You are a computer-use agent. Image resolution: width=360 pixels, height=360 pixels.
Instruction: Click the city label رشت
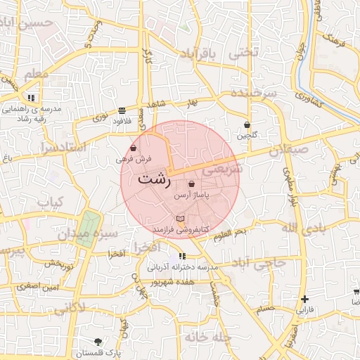pyautogui.click(x=154, y=179)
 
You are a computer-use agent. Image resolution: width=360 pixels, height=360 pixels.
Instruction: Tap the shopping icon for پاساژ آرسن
pyautogui.click(x=192, y=184)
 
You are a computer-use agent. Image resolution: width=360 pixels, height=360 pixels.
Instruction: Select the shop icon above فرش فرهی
pyautogui.click(x=134, y=148)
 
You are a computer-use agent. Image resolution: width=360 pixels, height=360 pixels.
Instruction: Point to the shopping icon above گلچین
pyautogui.click(x=247, y=124)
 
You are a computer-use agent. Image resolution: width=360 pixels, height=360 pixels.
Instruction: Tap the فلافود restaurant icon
pyautogui.click(x=122, y=110)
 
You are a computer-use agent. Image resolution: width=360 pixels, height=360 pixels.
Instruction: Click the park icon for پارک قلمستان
pyautogui.click(x=98, y=341)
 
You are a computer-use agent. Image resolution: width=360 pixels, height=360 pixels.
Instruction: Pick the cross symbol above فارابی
pyautogui.click(x=304, y=299)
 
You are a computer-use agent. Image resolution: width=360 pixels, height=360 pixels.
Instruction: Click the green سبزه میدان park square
pyautogui.click(x=86, y=229)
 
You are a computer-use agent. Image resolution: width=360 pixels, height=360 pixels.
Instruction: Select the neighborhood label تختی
pyautogui.click(x=245, y=52)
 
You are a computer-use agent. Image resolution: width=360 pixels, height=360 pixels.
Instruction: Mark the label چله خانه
pyautogui.click(x=208, y=337)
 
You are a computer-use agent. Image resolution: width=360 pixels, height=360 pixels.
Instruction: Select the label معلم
pyautogui.click(x=36, y=73)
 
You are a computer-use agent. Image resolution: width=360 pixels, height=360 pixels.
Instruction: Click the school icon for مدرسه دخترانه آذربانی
pyautogui.click(x=182, y=257)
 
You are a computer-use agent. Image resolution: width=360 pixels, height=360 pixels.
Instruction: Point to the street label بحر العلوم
pyautogui.click(x=231, y=231)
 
